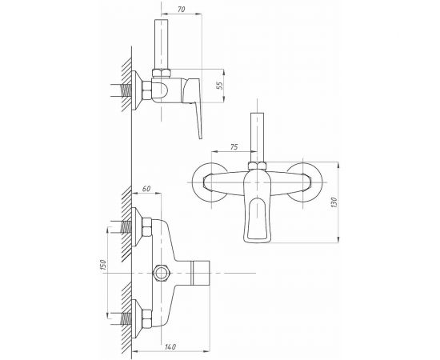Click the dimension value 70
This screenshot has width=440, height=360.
pyautogui.click(x=182, y=10)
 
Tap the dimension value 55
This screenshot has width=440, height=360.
pyautogui.click(x=220, y=86)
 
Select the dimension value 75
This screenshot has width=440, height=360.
pyautogui.click(x=234, y=146)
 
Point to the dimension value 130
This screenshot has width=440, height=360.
pyautogui.click(x=334, y=202)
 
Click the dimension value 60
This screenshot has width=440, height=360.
pyautogui.click(x=146, y=189)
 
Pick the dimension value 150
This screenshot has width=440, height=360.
pyautogui.click(x=102, y=265)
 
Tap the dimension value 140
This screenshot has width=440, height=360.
pyautogui.click(x=170, y=347)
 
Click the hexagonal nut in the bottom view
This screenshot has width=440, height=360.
pyautogui.click(x=161, y=273)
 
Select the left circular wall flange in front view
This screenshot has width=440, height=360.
pyautogui.click(x=210, y=182)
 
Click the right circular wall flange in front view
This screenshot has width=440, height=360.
pyautogui.click(x=305, y=182)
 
